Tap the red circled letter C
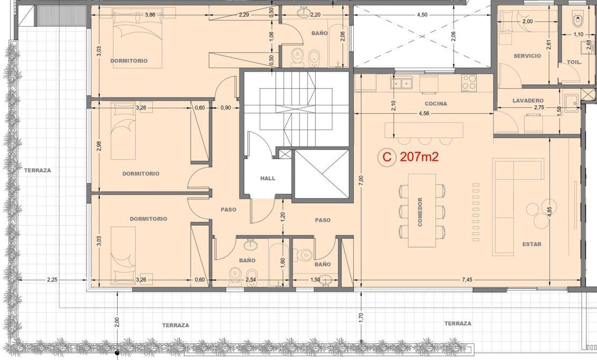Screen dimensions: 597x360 387,157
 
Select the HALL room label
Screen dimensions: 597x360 268,178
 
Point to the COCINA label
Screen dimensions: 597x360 436,104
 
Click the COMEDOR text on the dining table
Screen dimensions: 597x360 420,212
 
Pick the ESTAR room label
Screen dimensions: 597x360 532,244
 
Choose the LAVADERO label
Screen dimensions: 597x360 528,100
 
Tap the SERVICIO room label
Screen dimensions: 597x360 527,56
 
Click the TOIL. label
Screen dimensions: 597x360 574,62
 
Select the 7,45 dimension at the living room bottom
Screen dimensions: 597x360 467,279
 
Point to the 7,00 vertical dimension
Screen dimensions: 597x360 361,179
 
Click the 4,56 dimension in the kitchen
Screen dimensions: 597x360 424,113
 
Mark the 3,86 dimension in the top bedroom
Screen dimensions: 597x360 150,15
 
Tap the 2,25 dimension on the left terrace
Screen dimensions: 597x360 52,279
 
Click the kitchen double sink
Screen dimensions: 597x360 402,82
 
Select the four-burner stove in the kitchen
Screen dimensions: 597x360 469,83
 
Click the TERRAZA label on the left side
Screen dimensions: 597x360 38,170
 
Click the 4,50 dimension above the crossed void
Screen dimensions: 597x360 422,15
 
